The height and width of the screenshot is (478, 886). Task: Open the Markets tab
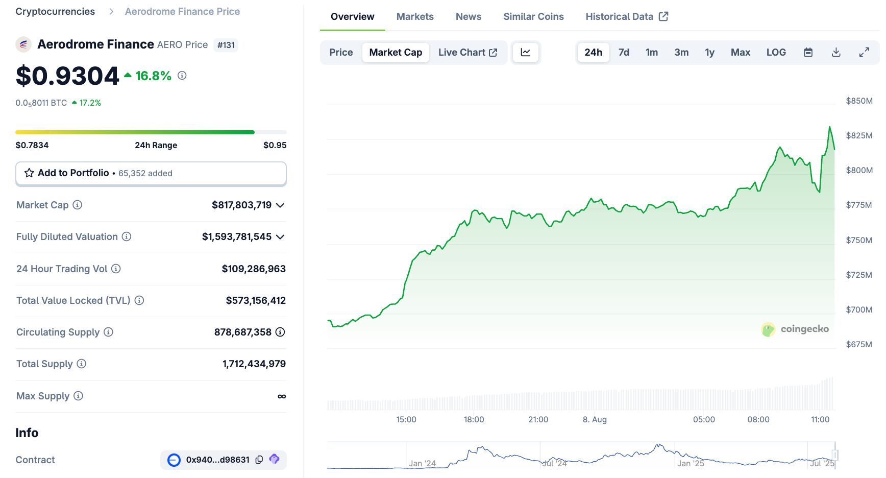tap(415, 16)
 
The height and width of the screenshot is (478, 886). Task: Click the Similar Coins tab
tap(533, 16)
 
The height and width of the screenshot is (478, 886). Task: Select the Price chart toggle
tap(341, 52)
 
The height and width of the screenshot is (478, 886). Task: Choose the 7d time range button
tap(624, 52)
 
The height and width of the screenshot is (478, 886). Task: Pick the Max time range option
tap(740, 52)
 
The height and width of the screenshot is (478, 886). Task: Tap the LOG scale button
tap(776, 52)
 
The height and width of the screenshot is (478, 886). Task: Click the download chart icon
tap(836, 52)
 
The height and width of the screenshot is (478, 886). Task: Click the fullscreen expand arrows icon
tap(864, 52)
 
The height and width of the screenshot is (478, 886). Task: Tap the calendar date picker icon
tap(808, 52)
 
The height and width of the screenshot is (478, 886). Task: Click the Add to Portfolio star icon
tap(29, 173)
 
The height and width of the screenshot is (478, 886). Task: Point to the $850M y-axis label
tap(859, 101)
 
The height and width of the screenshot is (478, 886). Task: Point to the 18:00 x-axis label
tap(474, 419)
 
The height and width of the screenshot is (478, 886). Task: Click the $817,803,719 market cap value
tap(241, 205)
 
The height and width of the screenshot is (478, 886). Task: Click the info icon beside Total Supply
tap(82, 364)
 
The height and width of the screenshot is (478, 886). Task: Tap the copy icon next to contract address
tap(259, 460)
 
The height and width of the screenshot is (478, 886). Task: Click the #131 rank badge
tap(226, 45)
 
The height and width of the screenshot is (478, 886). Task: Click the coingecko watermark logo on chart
tap(795, 329)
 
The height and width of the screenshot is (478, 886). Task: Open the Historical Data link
tap(626, 16)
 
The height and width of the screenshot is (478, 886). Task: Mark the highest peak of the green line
tap(829, 127)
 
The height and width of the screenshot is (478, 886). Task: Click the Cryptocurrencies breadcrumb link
tap(55, 11)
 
